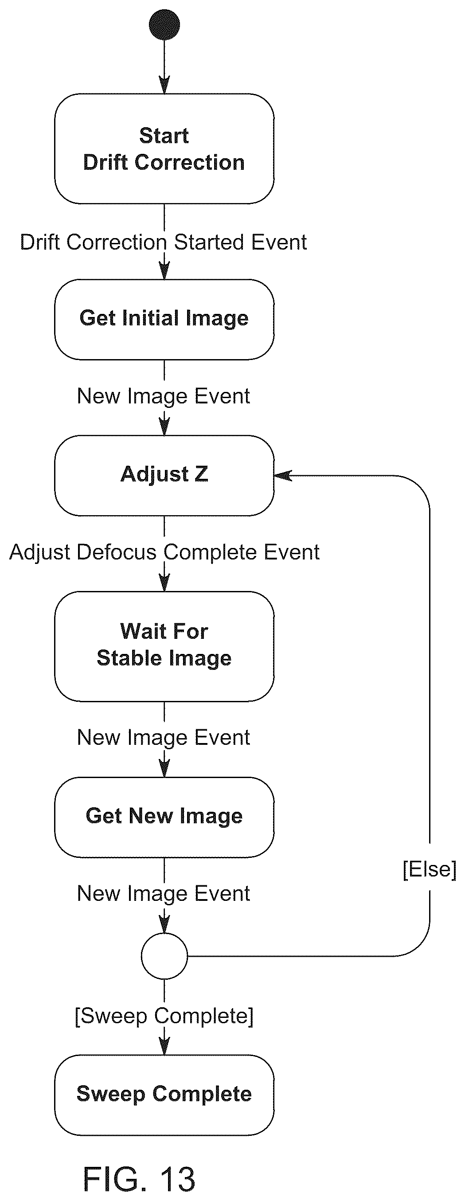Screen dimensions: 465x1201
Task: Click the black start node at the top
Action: pyautogui.click(x=164, y=25)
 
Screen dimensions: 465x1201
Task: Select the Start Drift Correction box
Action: pyautogui.click(x=164, y=149)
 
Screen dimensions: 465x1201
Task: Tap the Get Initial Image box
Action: pyautogui.click(x=164, y=319)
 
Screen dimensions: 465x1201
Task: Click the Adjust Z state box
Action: pyautogui.click(x=164, y=476)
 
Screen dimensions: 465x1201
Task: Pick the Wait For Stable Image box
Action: pyautogui.click(x=164, y=646)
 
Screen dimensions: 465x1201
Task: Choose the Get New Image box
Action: pyautogui.click(x=164, y=817)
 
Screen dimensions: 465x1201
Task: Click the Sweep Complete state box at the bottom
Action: pyautogui.click(x=164, y=1095)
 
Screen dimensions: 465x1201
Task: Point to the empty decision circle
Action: pyautogui.click(x=164, y=956)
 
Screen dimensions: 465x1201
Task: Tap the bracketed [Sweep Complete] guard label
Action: pyautogui.click(x=164, y=1017)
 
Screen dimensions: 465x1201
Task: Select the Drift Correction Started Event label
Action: pyautogui.click(x=163, y=243)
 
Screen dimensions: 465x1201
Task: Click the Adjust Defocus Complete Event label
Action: pyautogui.click(x=164, y=552)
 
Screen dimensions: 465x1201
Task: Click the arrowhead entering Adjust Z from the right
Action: pyautogui.click(x=283, y=476)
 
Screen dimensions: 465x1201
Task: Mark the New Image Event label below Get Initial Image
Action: pyautogui.click(x=163, y=397)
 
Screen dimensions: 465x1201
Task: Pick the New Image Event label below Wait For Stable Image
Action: pyautogui.click(x=163, y=738)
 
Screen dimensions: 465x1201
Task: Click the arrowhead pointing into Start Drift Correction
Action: pyautogui.click(x=164, y=85)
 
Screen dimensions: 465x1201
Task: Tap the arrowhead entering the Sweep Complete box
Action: pyautogui.click(x=164, y=1046)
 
